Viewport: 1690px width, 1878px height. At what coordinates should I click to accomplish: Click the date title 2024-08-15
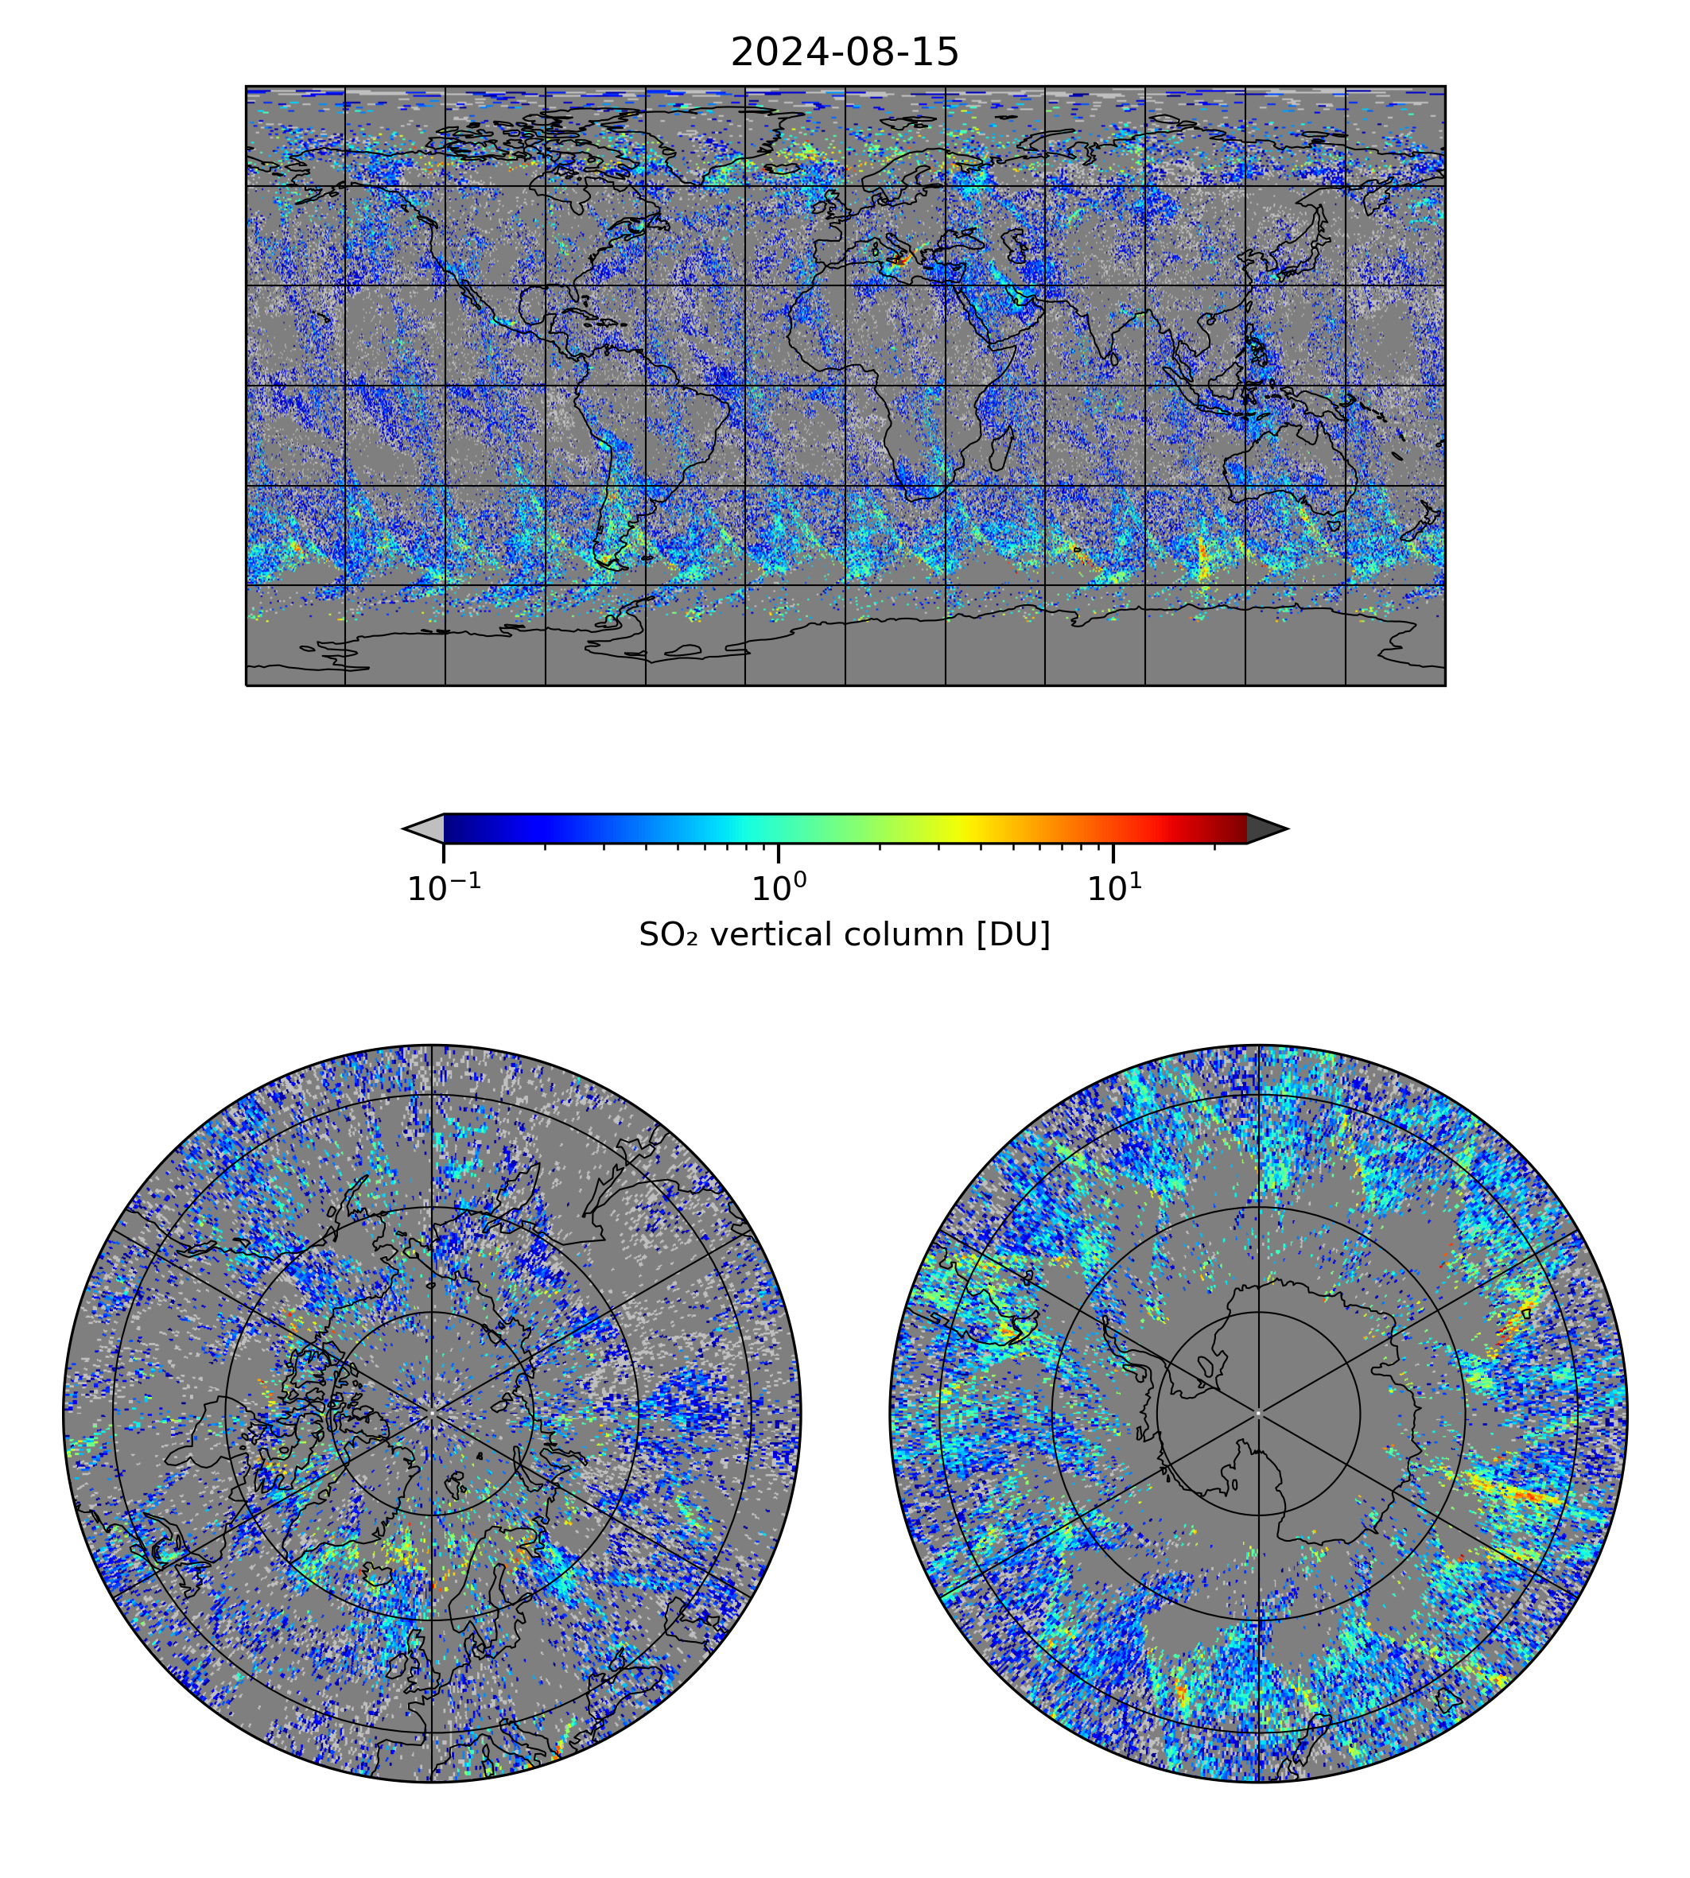[x=844, y=53]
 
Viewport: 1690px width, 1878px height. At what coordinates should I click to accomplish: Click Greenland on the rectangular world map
[x=733, y=139]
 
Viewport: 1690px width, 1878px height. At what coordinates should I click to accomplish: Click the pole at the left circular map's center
[x=432, y=1413]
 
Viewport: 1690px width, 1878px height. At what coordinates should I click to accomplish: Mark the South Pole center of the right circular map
[x=1258, y=1413]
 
